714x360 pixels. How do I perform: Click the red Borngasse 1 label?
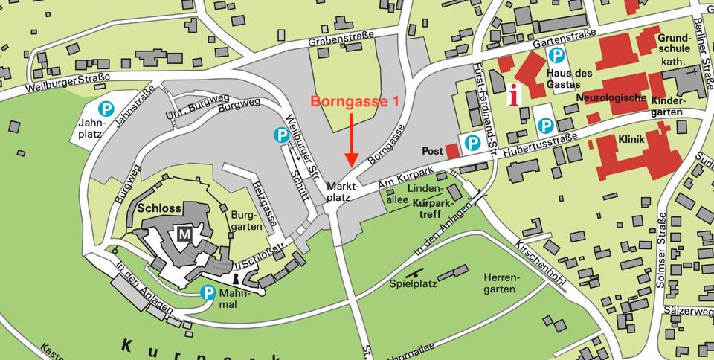pos(359,103)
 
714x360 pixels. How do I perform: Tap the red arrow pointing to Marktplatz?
pos(352,141)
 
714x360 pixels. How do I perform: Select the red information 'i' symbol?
pos(513,95)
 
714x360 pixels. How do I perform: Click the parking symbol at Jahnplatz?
pos(106,109)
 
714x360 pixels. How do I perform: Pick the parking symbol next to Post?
pos(472,141)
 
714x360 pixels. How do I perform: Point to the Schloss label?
pos(159,208)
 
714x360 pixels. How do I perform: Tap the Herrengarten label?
pos(501,283)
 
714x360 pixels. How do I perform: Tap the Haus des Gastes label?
pos(569,80)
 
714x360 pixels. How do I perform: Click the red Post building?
pos(453,150)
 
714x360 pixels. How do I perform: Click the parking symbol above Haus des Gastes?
pos(556,54)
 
